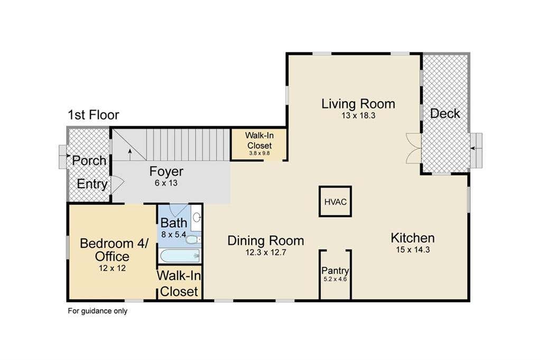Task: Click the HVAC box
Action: point(335,201)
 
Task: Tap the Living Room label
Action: point(358,104)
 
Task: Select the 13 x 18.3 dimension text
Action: point(358,116)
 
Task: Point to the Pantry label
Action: point(335,271)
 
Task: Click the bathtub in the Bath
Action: point(180,256)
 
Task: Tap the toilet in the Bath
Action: point(192,239)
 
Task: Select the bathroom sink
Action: point(197,217)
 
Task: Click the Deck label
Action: point(445,113)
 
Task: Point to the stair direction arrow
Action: point(130,155)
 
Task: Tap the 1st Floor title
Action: point(94,115)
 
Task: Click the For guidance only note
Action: point(98,311)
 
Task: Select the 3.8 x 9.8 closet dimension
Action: point(259,153)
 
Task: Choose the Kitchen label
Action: point(413,238)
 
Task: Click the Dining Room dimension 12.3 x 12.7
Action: point(266,252)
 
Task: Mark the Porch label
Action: point(89,161)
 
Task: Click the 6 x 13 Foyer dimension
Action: point(166,183)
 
